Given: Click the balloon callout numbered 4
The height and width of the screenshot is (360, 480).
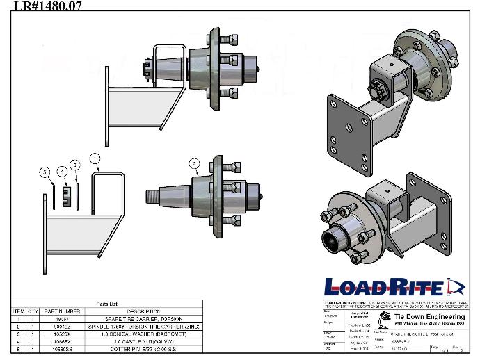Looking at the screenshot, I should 63,170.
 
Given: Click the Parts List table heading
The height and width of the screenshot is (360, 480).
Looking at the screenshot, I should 108,304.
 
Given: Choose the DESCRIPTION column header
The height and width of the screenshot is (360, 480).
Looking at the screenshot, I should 144,311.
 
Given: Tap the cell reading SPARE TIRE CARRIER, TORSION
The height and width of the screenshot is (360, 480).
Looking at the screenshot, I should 144,318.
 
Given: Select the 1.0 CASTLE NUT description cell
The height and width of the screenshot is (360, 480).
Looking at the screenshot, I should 144,341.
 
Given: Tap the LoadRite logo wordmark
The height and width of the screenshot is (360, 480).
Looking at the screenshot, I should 385,287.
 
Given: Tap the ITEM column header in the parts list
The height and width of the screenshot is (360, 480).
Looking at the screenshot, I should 19,311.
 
